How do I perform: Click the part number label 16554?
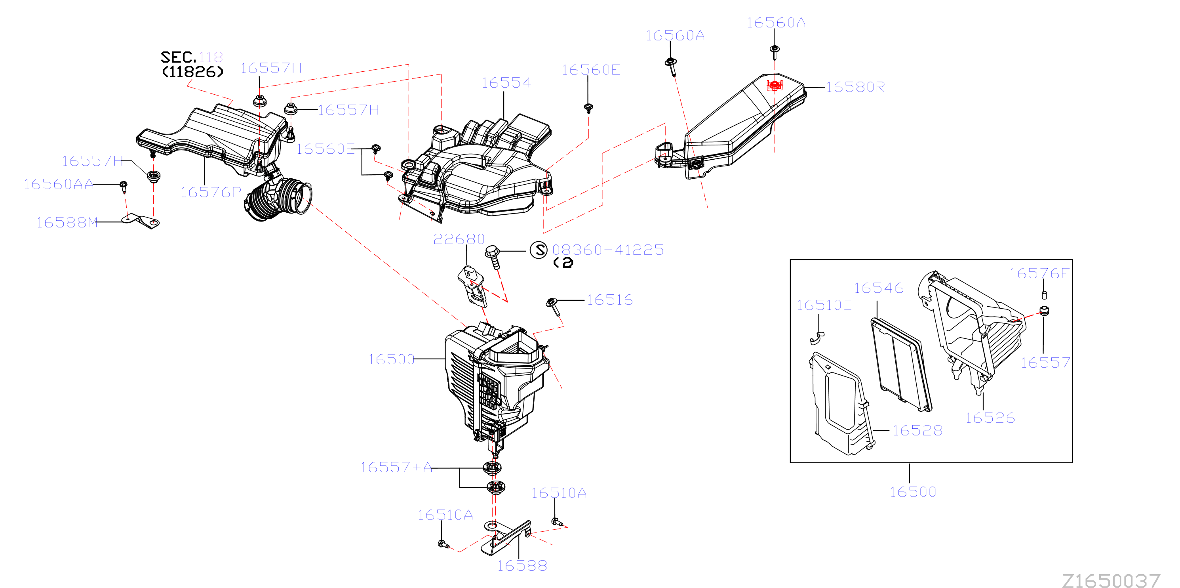(x=506, y=83)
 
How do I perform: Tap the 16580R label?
(x=855, y=87)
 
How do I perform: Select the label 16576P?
(x=211, y=193)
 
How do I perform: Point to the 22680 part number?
(x=459, y=239)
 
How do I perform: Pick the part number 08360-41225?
(x=608, y=250)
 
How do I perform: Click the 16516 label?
(x=610, y=300)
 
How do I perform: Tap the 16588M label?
(x=67, y=223)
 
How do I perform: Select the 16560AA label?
(x=59, y=184)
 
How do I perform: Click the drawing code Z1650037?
(x=1111, y=580)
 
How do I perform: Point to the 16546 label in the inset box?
(x=879, y=288)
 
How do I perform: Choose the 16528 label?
(x=917, y=431)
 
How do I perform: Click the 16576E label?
(x=1040, y=274)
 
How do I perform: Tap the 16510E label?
(x=824, y=305)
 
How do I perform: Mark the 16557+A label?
(x=396, y=468)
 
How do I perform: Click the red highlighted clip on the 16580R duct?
(x=775, y=85)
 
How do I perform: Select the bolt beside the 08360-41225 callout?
(x=493, y=257)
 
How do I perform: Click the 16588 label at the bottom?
(x=522, y=566)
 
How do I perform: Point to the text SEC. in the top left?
(x=179, y=57)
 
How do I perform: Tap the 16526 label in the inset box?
(x=990, y=418)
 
